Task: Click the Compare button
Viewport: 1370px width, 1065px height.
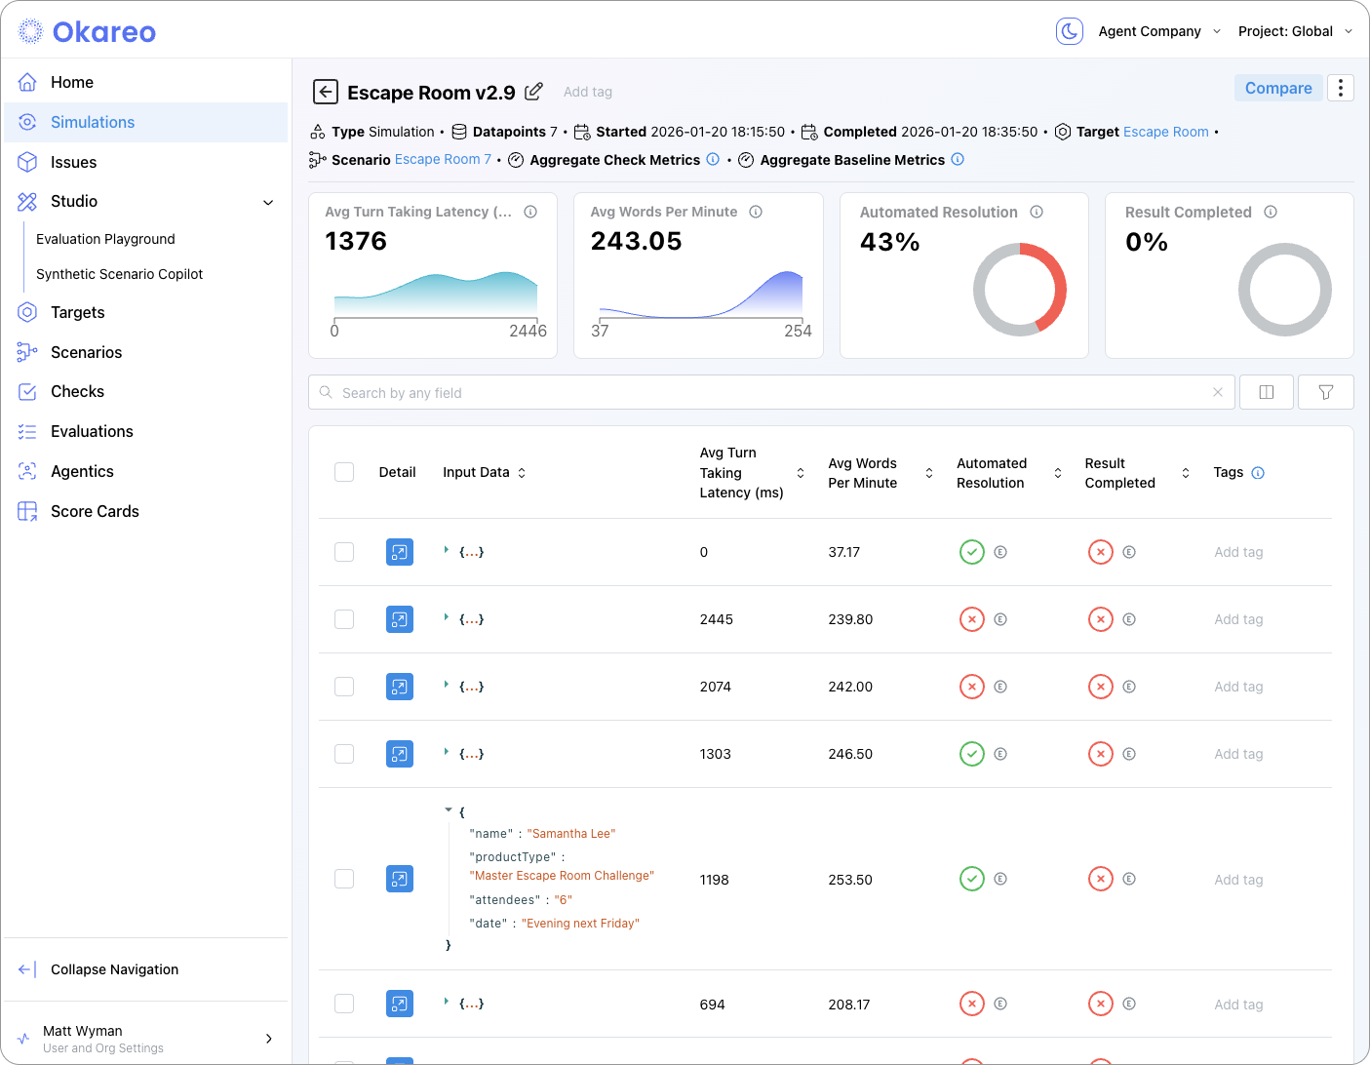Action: [x=1277, y=89]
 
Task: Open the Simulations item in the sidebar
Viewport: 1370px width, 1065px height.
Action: [x=93, y=122]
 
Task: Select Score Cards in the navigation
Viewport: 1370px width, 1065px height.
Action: [x=95, y=511]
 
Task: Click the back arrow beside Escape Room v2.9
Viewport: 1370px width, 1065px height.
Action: [x=325, y=92]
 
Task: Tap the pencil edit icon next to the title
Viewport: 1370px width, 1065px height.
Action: [x=533, y=92]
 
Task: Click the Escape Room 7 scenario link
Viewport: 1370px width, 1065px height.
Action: [x=443, y=159]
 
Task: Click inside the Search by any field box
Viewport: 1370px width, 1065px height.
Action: [x=770, y=392]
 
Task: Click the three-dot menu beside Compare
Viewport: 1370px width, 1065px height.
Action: [x=1341, y=89]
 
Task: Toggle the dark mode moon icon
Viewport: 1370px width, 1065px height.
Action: [x=1070, y=31]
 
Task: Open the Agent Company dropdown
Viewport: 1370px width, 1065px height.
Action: [x=1158, y=31]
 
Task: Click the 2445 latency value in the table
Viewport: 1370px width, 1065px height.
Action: [x=716, y=619]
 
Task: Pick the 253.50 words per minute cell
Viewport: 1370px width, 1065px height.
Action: [x=850, y=880]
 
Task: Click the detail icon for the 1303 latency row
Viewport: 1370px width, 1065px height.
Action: [x=400, y=754]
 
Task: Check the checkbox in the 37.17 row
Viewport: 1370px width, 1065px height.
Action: [x=344, y=552]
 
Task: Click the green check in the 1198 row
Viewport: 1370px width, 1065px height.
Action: [x=972, y=879]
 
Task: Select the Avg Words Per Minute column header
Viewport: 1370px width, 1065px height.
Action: [x=862, y=473]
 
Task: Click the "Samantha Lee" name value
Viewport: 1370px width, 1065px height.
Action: [x=571, y=834]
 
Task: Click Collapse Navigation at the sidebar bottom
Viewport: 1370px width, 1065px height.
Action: [x=114, y=969]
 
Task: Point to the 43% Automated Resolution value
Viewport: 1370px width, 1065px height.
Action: [x=889, y=242]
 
